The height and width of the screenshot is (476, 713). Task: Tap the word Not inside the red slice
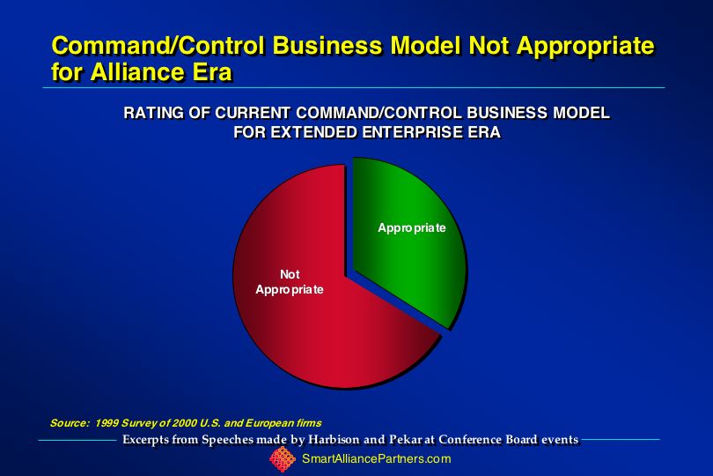pos(290,274)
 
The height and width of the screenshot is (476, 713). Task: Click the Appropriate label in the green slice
pos(412,227)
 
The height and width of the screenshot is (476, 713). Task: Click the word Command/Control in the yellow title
pos(158,45)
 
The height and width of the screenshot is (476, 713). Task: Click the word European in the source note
pos(269,423)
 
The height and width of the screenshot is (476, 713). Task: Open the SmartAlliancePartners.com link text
pos(377,458)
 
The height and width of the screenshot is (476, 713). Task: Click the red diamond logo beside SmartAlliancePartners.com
pos(283,459)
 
